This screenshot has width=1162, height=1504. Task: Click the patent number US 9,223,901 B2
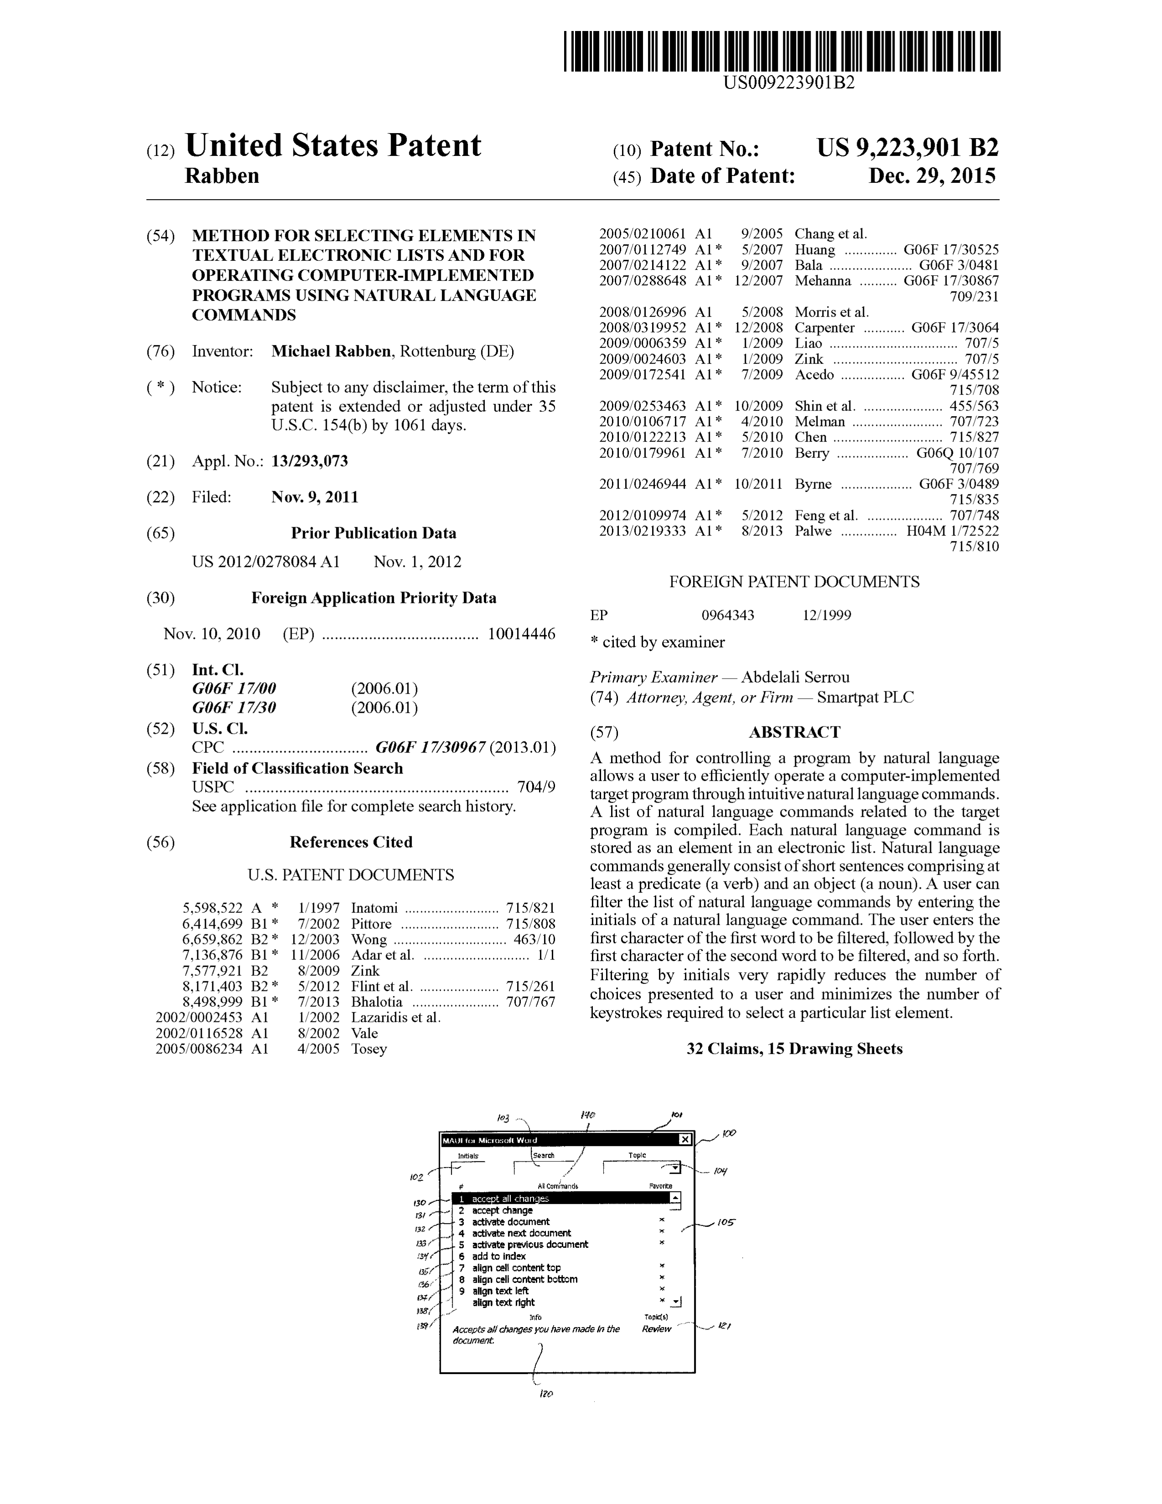[x=907, y=148]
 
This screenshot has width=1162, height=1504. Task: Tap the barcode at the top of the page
[x=782, y=52]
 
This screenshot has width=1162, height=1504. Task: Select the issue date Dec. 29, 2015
[x=931, y=176]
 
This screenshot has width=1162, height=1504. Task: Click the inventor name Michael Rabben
[x=330, y=351]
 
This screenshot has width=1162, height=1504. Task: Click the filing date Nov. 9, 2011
[x=314, y=497]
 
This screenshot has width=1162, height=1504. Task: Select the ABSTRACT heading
[x=794, y=732]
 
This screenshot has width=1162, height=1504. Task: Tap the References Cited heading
[x=350, y=842]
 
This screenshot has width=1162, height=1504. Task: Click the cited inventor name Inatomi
[x=374, y=908]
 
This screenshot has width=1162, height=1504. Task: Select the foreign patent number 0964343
[x=728, y=615]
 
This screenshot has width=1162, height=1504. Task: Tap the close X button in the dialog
[x=684, y=1139]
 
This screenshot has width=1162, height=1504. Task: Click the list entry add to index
[x=499, y=1256]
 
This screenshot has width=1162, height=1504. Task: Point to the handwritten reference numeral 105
[x=725, y=1222]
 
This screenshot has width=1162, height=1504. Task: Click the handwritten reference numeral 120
[x=546, y=1394]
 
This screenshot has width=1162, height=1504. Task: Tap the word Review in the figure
[x=656, y=1329]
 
